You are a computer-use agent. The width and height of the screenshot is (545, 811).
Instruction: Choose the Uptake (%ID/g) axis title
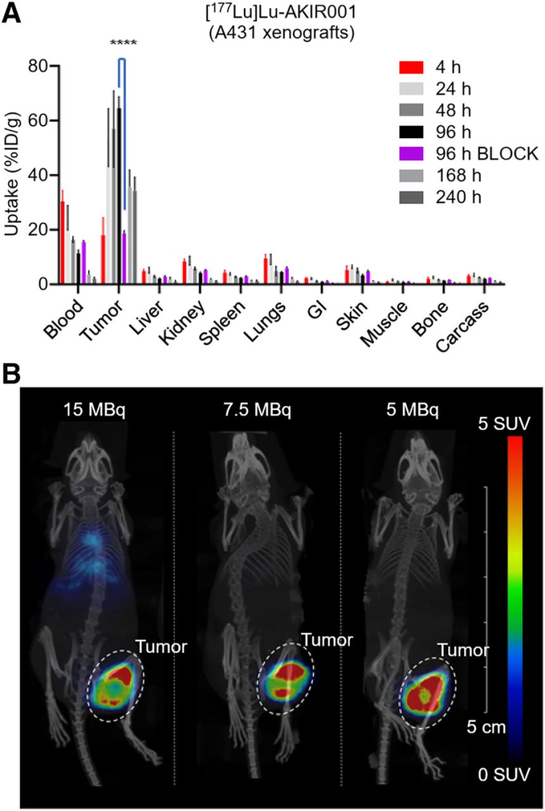click(x=13, y=174)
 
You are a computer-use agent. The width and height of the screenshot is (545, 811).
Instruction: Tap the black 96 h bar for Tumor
click(x=119, y=196)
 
